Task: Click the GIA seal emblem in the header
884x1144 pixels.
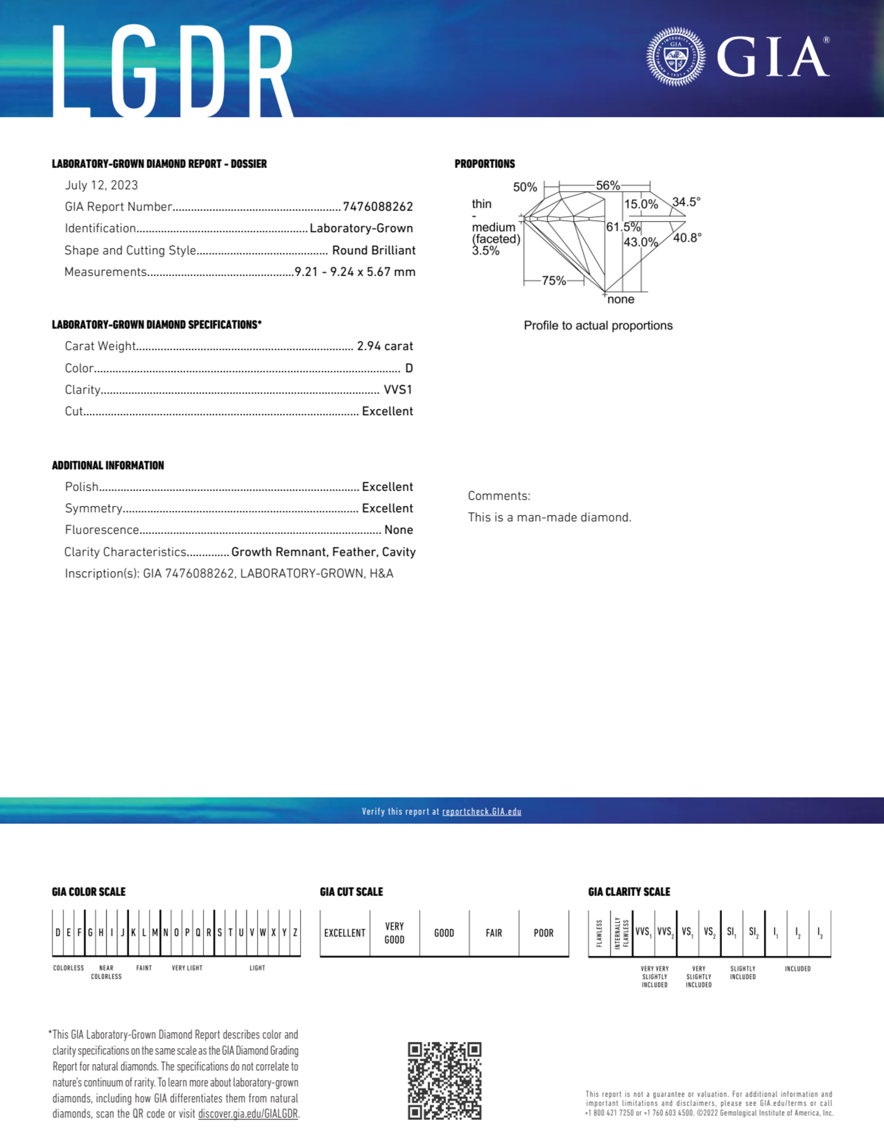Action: (675, 57)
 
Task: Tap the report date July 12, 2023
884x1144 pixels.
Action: (101, 186)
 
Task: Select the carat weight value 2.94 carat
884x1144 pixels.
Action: (385, 346)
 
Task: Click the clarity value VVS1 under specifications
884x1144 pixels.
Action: (398, 390)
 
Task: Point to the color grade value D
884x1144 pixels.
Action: (409, 368)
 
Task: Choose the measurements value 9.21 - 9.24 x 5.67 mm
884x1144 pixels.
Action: (355, 272)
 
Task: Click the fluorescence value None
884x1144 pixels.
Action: (398, 530)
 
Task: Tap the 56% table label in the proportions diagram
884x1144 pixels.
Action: (607, 186)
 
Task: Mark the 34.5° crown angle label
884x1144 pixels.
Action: (686, 202)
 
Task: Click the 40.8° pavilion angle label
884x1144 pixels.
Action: (687, 238)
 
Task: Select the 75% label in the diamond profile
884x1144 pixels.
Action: (554, 281)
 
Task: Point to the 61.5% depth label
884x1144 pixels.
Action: (623, 227)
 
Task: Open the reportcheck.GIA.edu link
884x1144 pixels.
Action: (482, 811)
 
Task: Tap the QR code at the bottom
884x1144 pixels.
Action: (444, 1081)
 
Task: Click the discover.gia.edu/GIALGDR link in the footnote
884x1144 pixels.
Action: (247, 1114)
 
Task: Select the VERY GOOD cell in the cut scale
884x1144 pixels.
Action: (394, 933)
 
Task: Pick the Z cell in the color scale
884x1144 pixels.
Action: (295, 932)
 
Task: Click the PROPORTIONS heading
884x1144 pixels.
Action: (485, 164)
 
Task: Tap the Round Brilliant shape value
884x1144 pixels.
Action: (373, 250)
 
